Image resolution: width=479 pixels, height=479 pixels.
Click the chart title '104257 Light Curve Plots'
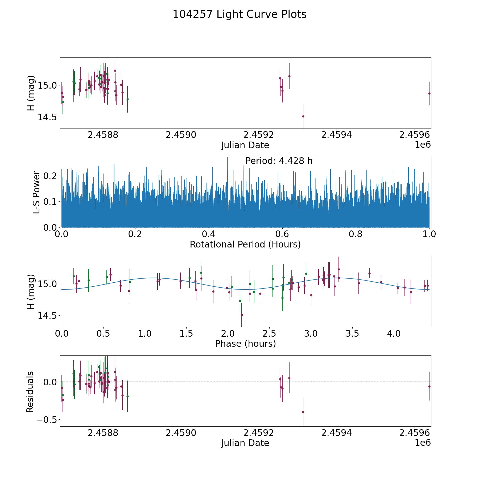click(240, 14)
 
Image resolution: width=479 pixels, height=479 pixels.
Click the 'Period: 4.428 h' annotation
click(279, 161)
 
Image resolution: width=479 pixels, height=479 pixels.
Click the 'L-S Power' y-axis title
click(36, 192)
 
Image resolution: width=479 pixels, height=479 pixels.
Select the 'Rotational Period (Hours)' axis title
click(245, 244)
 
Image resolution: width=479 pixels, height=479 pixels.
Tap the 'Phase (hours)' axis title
click(245, 344)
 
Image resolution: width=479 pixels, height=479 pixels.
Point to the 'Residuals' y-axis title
click(30, 392)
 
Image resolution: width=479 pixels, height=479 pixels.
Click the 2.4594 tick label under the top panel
click(337, 135)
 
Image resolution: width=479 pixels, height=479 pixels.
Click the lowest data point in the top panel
click(303, 116)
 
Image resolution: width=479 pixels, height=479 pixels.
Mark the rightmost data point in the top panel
click(429, 93)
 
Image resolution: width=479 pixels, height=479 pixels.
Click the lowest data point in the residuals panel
click(303, 412)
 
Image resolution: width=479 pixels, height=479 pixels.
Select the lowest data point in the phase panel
click(242, 315)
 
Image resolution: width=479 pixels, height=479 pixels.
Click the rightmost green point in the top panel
click(127, 99)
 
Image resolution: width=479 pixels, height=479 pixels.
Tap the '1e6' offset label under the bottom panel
click(423, 443)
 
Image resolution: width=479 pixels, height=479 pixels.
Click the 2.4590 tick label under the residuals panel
click(181, 433)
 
